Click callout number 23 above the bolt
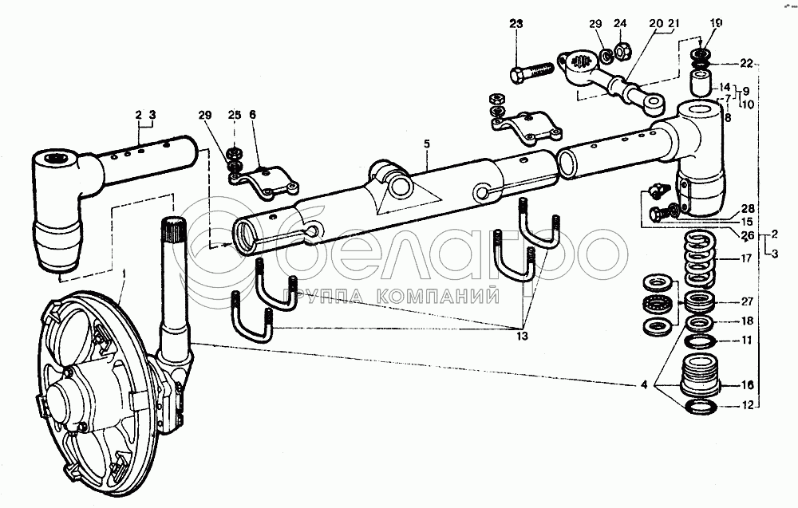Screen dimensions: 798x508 click(516, 24)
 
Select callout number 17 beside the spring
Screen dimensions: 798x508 click(746, 259)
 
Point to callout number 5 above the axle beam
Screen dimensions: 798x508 click(426, 144)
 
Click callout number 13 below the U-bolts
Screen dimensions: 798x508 click(522, 336)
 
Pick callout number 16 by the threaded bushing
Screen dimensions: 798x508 click(747, 385)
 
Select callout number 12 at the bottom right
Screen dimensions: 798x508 click(746, 405)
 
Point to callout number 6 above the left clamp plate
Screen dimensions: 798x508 click(252, 115)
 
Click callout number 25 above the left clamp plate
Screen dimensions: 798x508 click(234, 115)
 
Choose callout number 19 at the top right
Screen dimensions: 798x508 click(715, 23)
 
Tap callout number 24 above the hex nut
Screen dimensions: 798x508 click(620, 23)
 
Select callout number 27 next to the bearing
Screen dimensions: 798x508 click(747, 301)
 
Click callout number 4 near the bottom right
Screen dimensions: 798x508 click(644, 385)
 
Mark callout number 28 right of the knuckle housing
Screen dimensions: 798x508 click(748, 208)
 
